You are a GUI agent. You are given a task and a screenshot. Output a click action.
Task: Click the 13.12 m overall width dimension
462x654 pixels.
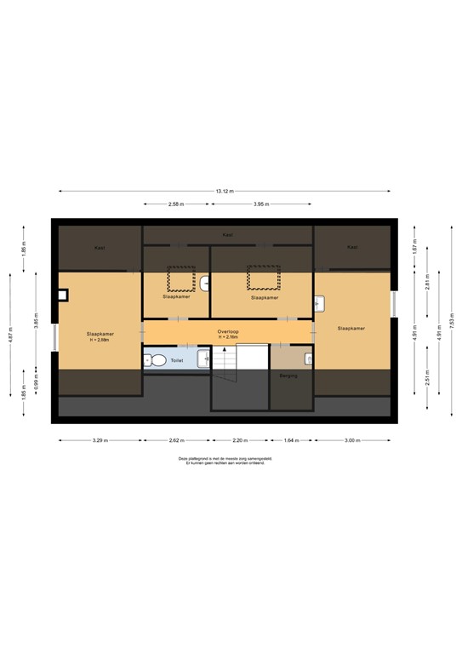(x=224, y=191)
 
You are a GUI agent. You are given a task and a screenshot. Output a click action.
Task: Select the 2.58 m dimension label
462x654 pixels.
(x=176, y=204)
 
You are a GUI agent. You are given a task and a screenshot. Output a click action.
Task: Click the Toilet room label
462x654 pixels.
(x=177, y=361)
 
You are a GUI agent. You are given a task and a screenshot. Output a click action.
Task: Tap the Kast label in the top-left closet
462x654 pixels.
(x=99, y=247)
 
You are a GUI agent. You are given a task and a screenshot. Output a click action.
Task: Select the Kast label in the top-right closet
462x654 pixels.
(x=352, y=247)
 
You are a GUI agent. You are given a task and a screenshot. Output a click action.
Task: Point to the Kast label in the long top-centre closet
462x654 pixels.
(x=227, y=234)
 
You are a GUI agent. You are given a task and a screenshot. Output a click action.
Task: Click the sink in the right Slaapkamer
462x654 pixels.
(x=320, y=302)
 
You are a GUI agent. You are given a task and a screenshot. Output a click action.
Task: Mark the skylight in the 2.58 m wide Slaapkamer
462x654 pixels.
(x=180, y=278)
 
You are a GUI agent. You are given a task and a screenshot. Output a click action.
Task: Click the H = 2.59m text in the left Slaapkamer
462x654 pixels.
(x=100, y=340)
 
